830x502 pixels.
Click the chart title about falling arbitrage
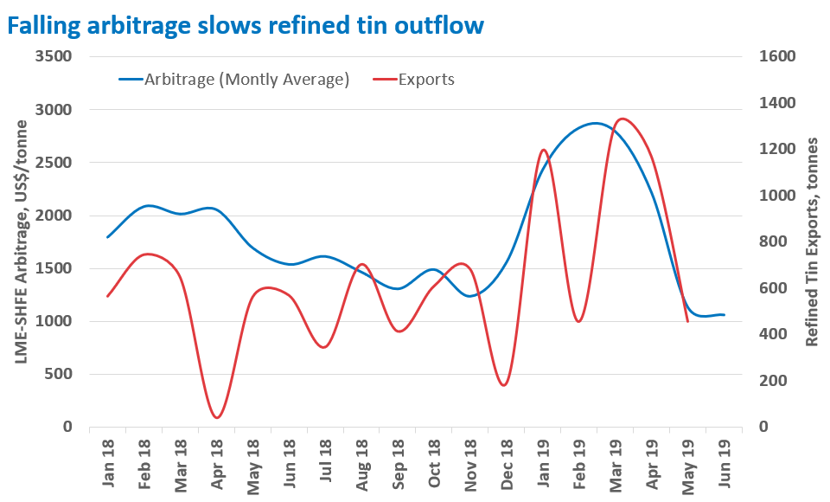click(x=245, y=26)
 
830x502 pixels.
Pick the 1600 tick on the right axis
click(x=776, y=56)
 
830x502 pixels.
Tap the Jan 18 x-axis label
click(x=108, y=467)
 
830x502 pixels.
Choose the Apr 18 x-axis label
click(x=217, y=467)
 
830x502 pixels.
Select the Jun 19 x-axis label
click(x=725, y=467)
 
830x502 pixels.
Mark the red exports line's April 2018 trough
click(x=216, y=418)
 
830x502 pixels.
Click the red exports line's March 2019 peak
click(x=622, y=119)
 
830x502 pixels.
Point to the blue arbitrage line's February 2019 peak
click(x=595, y=123)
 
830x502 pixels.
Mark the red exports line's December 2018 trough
click(x=504, y=385)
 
